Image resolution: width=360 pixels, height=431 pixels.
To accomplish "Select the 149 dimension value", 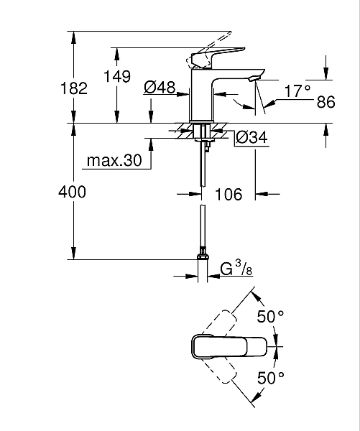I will coord(117,77).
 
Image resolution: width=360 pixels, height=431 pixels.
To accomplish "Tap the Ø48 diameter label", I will coord(160,87).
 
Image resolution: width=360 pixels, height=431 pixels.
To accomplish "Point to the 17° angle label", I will coord(297,91).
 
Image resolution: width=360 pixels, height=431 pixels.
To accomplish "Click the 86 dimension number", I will coord(326,102).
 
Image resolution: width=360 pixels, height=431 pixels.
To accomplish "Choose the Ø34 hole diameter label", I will coord(251,136).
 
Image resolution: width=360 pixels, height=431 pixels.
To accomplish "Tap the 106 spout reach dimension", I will coord(229,194).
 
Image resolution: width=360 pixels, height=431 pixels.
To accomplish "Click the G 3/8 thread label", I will coord(235,270).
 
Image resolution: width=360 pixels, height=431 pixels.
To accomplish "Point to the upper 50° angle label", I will coord(271,316).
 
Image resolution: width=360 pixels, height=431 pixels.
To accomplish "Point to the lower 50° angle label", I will coord(271,376).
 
